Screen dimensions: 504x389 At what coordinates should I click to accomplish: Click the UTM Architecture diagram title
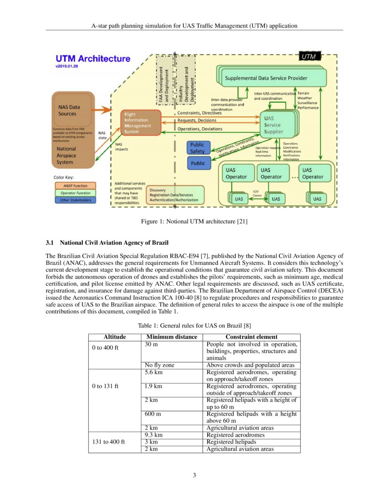click(92, 59)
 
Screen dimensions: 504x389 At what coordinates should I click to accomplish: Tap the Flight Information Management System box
click(140, 122)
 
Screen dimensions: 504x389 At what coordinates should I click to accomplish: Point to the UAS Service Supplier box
click(276, 125)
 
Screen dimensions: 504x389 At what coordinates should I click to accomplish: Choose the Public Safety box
click(198, 148)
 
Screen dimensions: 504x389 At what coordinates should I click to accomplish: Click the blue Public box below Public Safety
click(198, 163)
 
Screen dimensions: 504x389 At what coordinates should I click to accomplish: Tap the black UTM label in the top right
click(310, 56)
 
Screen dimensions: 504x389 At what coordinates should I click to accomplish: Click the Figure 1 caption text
click(194, 222)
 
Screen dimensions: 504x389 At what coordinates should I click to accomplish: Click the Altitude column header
click(114, 337)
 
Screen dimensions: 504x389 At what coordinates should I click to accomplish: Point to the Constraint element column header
click(252, 337)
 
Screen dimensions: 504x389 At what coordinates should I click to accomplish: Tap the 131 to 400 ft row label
click(108, 442)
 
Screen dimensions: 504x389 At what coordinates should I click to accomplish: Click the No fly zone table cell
click(159, 365)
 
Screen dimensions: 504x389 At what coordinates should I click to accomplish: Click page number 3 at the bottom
click(194, 475)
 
